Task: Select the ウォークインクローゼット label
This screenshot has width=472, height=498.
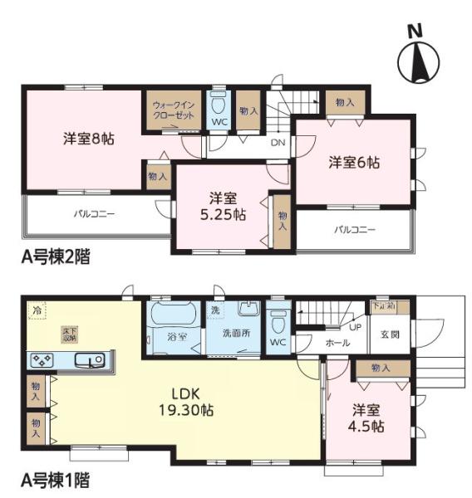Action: (173, 111)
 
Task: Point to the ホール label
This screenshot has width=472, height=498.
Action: (337, 342)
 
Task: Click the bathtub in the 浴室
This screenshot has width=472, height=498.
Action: (172, 315)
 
